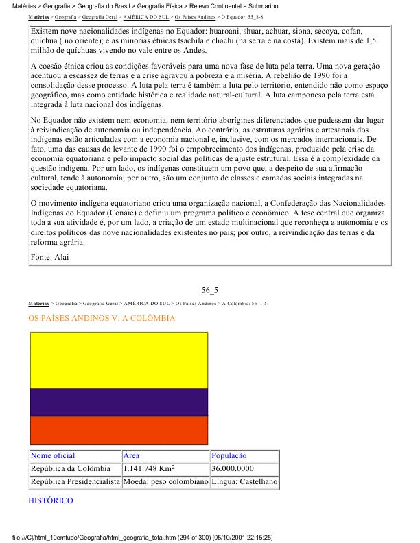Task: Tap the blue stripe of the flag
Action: [x=119, y=402]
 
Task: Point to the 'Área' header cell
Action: [x=131, y=456]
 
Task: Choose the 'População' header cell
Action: [x=229, y=456]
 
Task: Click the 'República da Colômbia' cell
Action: [x=71, y=469]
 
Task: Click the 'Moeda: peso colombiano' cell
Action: [x=165, y=483]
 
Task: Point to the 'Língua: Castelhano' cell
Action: [x=244, y=483]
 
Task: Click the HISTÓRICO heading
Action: [x=51, y=501]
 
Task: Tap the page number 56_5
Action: [x=209, y=290]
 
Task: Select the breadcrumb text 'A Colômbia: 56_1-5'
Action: [x=245, y=302]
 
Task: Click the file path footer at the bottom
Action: [x=144, y=537]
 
